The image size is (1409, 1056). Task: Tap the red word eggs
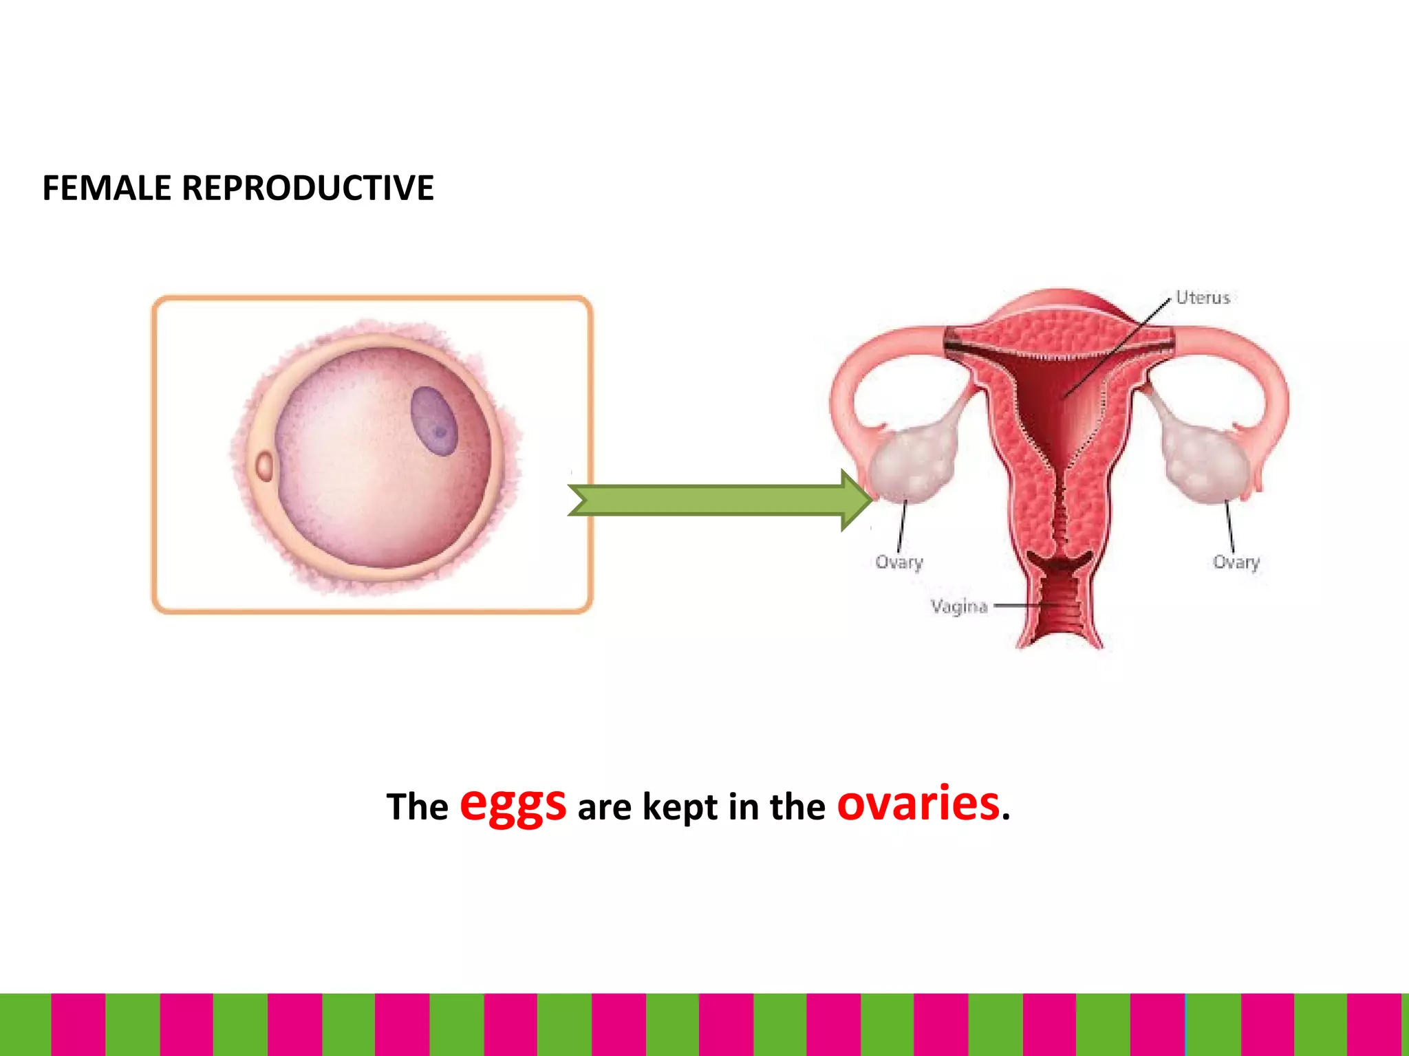(513, 803)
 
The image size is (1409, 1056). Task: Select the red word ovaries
(918, 803)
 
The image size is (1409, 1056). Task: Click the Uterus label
(1203, 298)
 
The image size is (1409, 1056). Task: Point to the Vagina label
(959, 606)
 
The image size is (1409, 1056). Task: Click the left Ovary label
(899, 562)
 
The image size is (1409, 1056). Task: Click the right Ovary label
(1236, 562)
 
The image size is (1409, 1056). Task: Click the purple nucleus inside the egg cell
(434, 421)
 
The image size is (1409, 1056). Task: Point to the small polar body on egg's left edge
(264, 466)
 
